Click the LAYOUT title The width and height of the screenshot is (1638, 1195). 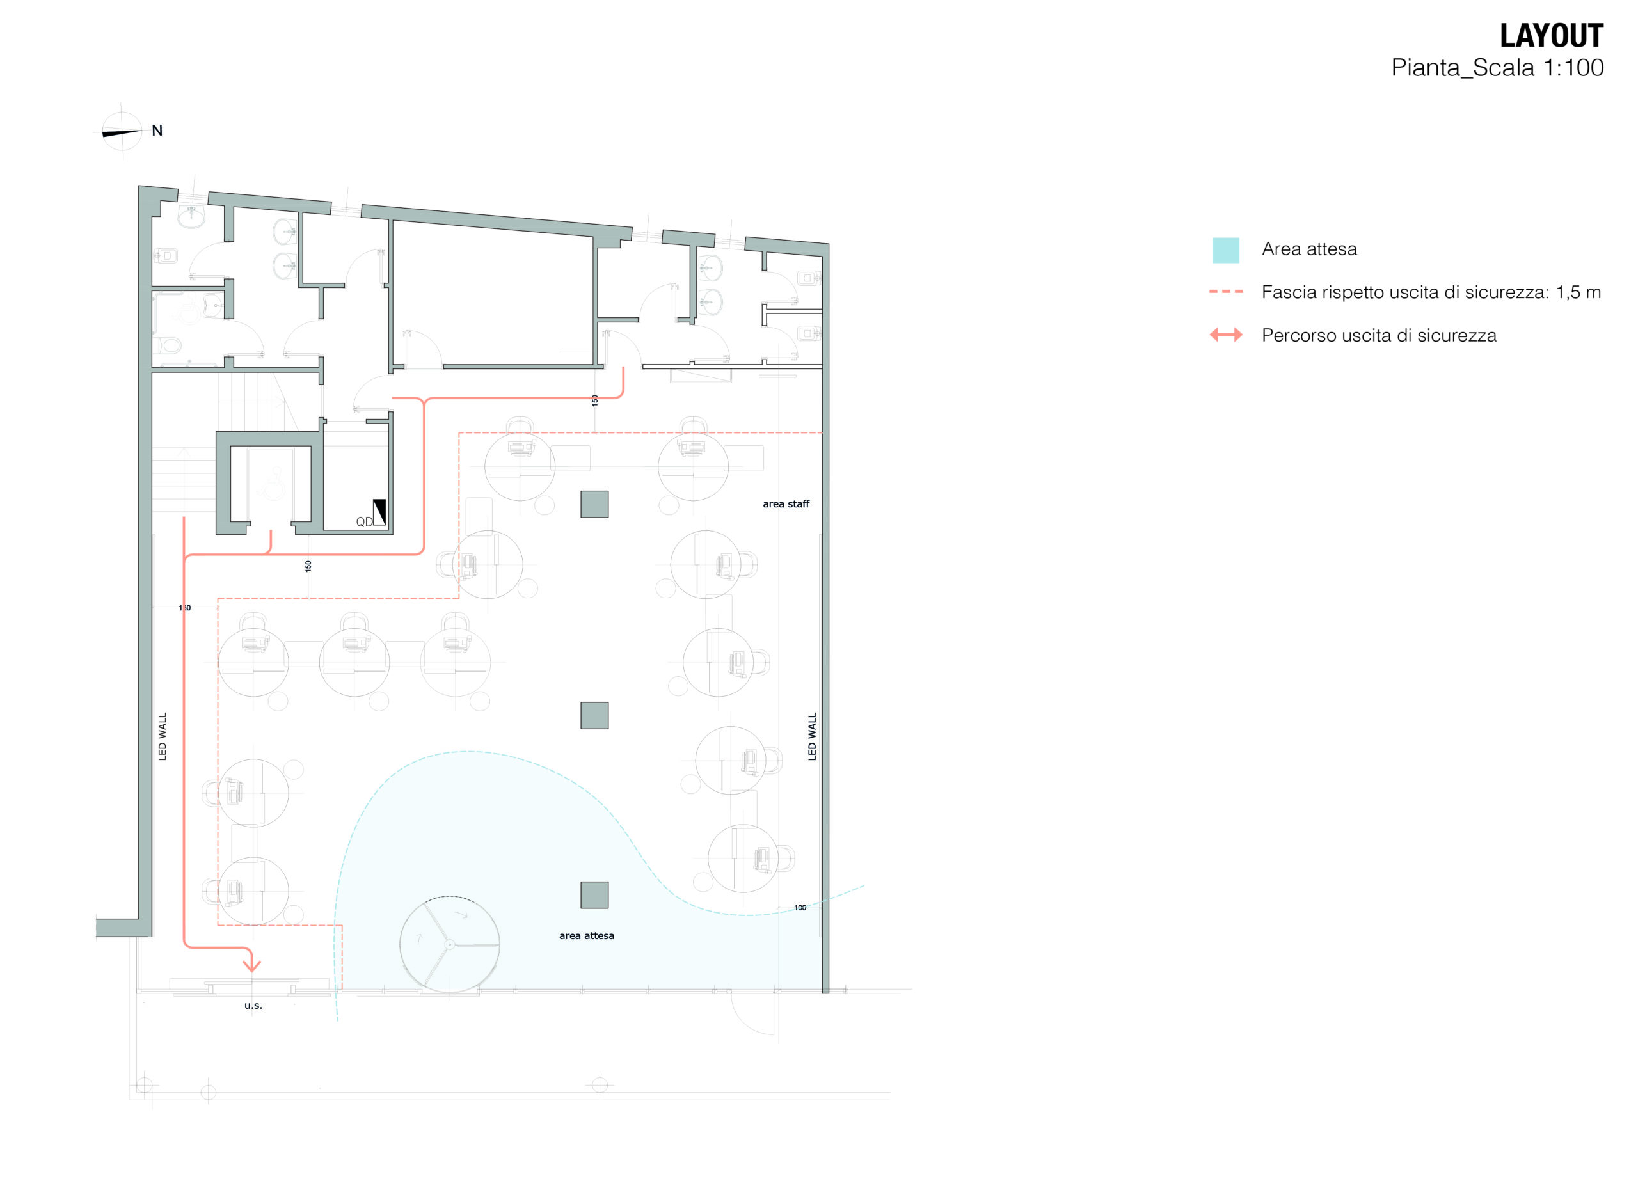(x=1551, y=35)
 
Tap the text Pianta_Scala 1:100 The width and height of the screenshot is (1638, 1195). (x=1497, y=68)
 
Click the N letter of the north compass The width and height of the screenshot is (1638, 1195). (x=157, y=131)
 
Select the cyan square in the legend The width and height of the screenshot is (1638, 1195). (x=1225, y=250)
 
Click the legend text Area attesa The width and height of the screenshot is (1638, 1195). (x=1309, y=249)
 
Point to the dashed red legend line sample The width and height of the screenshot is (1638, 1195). (x=1225, y=292)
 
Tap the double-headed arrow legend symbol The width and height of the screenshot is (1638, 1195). (x=1225, y=335)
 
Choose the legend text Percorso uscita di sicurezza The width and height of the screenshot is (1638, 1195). (x=1379, y=335)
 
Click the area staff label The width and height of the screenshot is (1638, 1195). (x=786, y=504)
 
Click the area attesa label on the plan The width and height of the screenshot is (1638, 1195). (x=586, y=935)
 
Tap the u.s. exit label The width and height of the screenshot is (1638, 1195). (x=253, y=1006)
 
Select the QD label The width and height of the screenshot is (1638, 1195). (x=364, y=521)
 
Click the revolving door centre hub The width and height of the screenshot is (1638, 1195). (x=449, y=944)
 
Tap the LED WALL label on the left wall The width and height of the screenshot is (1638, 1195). (x=162, y=736)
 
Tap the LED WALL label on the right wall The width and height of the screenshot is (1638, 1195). (x=812, y=736)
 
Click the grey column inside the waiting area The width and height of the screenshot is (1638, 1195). (x=594, y=895)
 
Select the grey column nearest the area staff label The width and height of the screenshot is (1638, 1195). (x=594, y=504)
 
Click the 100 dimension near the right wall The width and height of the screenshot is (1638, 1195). (x=799, y=907)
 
